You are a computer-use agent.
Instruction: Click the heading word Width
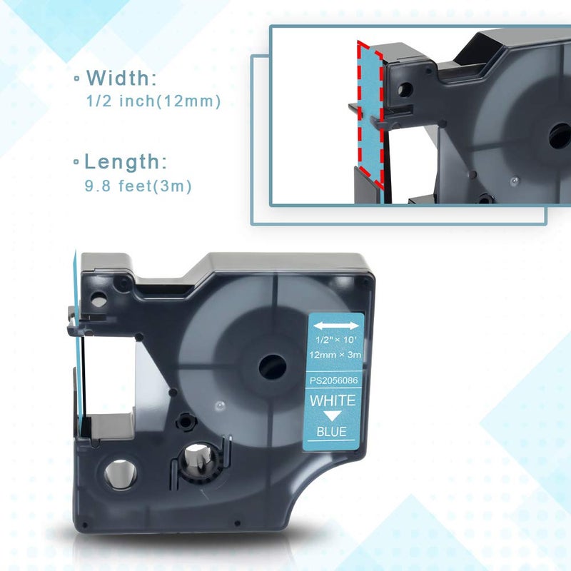pyautogui.click(x=121, y=78)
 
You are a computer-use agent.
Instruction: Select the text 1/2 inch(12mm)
pyautogui.click(x=153, y=101)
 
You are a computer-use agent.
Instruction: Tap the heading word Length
pyautogui.click(x=126, y=162)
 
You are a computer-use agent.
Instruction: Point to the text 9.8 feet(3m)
pyautogui.click(x=138, y=186)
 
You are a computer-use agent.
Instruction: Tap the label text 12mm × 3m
pyautogui.click(x=335, y=354)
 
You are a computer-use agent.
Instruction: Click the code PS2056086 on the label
pyautogui.click(x=333, y=380)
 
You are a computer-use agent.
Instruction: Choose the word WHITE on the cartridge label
pyautogui.click(x=333, y=400)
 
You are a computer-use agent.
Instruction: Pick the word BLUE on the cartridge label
pyautogui.click(x=331, y=432)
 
